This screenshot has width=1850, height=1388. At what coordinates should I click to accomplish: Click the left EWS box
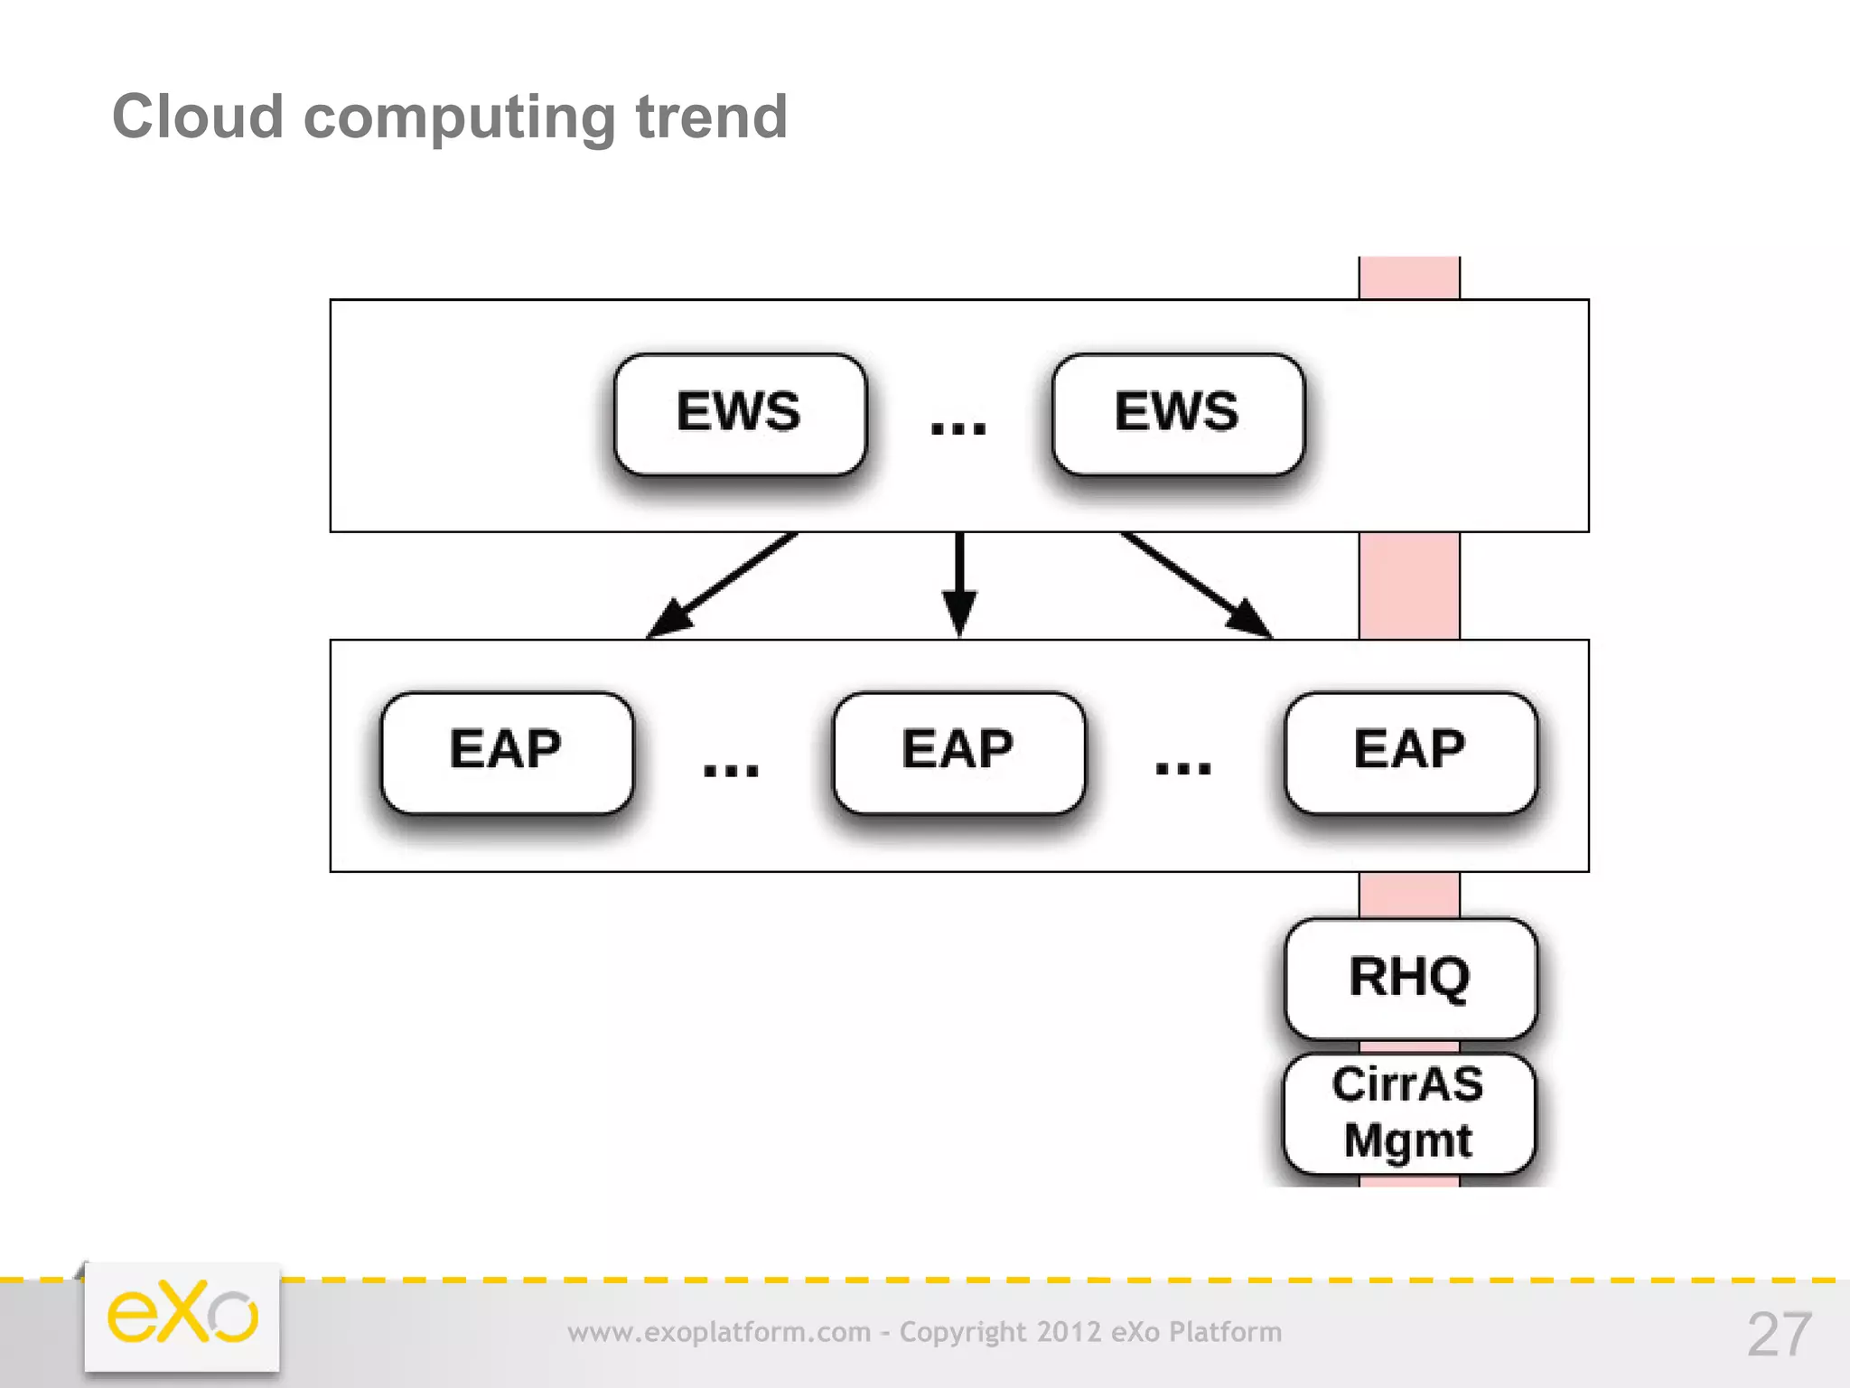[x=739, y=414]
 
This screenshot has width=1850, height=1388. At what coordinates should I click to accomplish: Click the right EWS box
[x=1177, y=414]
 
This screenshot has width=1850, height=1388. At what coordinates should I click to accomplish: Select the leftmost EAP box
[x=507, y=752]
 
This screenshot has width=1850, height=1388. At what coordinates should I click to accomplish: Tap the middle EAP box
[x=958, y=752]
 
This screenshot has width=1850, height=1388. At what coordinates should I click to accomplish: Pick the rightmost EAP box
[x=1410, y=752]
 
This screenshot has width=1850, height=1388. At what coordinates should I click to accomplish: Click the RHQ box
[x=1410, y=978]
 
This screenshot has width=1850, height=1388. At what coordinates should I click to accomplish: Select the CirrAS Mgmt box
[x=1408, y=1112]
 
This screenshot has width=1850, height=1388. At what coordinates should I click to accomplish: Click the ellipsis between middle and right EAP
[x=1182, y=768]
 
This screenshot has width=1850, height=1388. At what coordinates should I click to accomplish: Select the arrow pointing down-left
[x=723, y=586]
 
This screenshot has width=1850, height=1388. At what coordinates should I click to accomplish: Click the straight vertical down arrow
[x=959, y=583]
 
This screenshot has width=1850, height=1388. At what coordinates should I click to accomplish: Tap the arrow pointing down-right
[x=1197, y=586]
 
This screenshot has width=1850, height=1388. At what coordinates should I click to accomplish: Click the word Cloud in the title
[x=198, y=117]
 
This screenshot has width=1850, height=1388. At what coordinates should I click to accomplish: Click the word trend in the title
[x=712, y=117]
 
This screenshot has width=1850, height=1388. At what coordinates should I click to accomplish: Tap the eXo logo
[x=182, y=1316]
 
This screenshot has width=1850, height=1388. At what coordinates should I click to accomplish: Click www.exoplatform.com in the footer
[x=719, y=1332]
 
